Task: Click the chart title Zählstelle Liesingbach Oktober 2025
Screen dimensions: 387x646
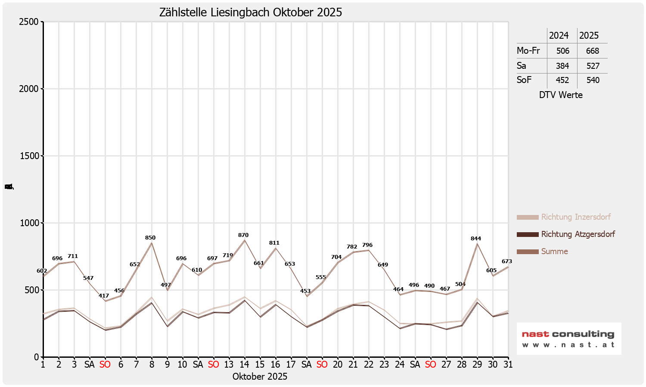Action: (251, 12)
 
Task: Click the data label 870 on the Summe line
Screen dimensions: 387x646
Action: (243, 235)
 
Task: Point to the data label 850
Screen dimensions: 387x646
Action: (150, 238)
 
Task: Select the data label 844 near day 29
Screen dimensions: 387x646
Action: (476, 239)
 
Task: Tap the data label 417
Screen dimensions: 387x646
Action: (104, 296)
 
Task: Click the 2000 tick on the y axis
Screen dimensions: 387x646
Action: (29, 89)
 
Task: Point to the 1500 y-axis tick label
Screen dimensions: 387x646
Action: (29, 156)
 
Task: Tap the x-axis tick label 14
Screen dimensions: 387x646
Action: (244, 365)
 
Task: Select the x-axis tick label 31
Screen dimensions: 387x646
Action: (508, 365)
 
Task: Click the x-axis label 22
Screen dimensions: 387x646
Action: (368, 365)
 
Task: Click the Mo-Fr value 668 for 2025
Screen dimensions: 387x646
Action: (593, 51)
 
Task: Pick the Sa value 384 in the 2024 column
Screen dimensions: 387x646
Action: (562, 66)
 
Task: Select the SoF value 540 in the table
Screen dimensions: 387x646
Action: (593, 80)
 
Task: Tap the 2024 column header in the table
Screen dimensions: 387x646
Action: (559, 36)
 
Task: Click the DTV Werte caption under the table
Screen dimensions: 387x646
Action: (561, 95)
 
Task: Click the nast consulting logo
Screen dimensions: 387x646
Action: (568, 338)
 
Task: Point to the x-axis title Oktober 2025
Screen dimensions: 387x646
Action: (260, 377)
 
